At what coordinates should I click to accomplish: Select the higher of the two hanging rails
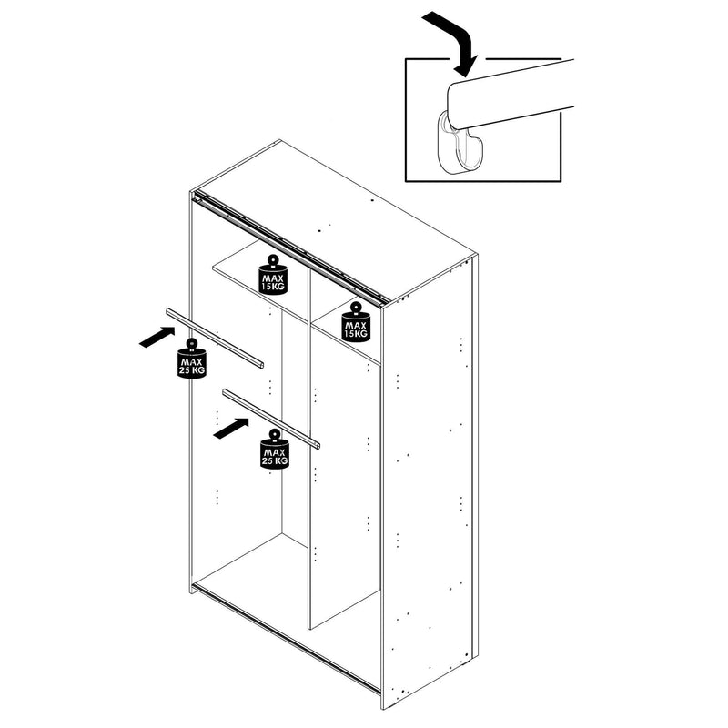pos(215,338)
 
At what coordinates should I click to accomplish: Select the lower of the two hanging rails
pos(271,420)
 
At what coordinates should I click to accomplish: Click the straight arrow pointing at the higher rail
pos(157,337)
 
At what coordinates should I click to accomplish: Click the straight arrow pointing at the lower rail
pos(231,428)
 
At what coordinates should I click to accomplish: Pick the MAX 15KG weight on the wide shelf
pos(273,275)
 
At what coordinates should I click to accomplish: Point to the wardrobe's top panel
pos(334,218)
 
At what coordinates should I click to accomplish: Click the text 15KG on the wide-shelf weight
pos(274,286)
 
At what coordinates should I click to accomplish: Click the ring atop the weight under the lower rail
pos(275,435)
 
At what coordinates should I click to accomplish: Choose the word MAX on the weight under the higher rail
pos(192,361)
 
